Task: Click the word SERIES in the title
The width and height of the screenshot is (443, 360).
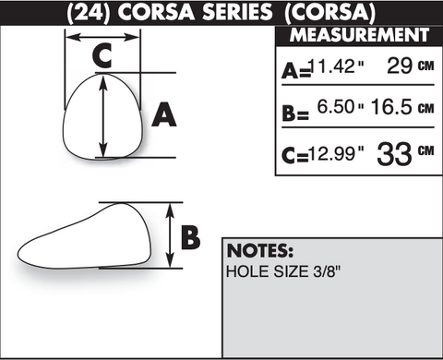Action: (x=237, y=13)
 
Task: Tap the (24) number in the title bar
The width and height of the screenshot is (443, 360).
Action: (x=89, y=13)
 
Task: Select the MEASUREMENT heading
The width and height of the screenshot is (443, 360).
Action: (x=359, y=35)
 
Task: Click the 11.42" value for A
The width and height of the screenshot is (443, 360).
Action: (x=336, y=66)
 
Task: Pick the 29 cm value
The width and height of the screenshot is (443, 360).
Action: (x=411, y=66)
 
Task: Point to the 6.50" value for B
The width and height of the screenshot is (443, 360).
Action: (x=341, y=107)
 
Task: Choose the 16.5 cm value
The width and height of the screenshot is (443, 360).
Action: (x=402, y=107)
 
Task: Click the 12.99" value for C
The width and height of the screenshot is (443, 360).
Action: (x=336, y=153)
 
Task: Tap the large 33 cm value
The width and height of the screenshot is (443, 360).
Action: (x=405, y=153)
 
